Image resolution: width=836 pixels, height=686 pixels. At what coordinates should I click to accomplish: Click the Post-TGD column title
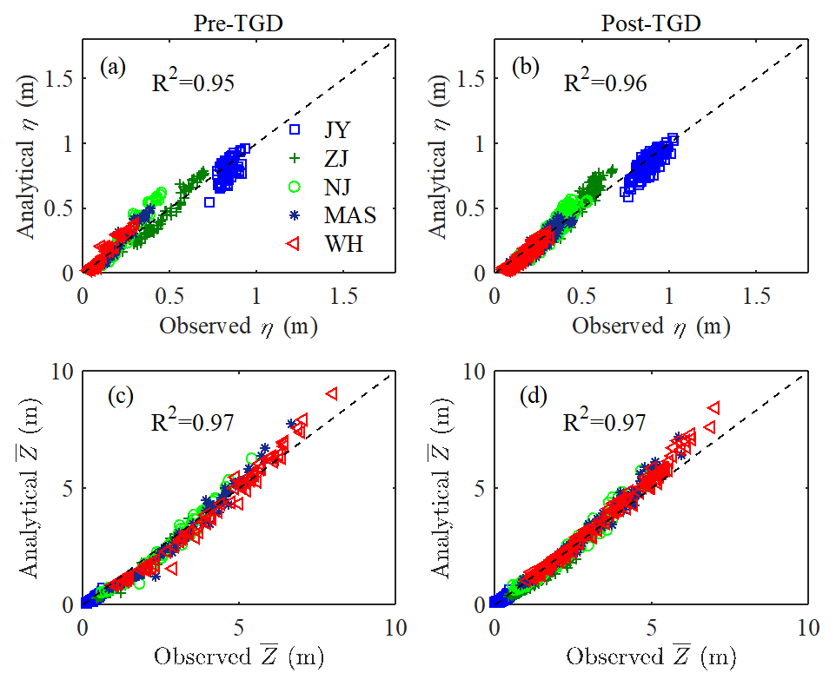coord(651,23)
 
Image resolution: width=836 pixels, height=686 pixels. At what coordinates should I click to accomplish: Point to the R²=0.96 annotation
coord(605,82)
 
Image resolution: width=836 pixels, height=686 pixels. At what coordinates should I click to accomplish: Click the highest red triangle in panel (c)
coord(331,393)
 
